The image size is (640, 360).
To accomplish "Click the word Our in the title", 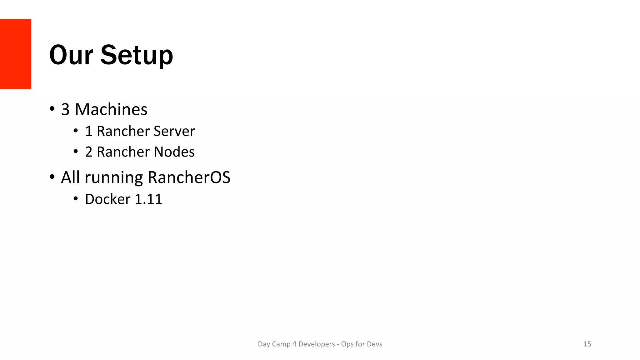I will click(71, 55).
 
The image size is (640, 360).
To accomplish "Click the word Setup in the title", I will click(137, 56).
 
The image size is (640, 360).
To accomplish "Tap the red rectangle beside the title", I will click(16, 54).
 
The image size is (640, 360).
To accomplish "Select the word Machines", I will click(111, 109).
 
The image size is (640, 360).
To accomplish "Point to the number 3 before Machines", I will click(65, 109).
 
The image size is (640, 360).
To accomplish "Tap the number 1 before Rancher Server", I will click(89, 131).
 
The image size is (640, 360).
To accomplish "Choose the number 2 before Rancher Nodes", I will click(89, 152).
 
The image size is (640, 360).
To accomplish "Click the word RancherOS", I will click(189, 177).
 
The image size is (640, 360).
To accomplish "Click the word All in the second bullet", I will click(70, 177).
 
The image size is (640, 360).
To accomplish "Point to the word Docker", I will click(107, 199).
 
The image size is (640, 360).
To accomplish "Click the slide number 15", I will click(587, 344).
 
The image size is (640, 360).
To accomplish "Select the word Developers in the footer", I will click(317, 344).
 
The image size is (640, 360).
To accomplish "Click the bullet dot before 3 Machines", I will click(52, 109).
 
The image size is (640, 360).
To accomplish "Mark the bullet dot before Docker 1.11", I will click(76, 198).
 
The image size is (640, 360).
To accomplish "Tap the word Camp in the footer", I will click(281, 344).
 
